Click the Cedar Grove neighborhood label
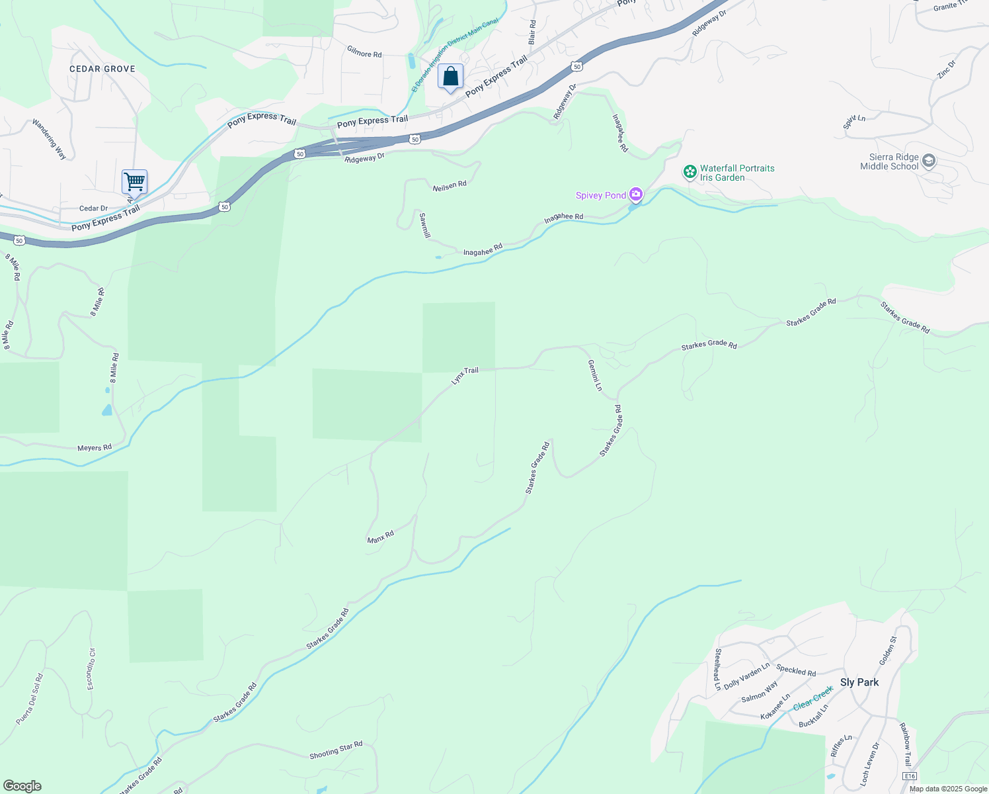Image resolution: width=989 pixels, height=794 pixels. click(x=102, y=69)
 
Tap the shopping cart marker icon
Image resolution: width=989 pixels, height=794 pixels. click(x=134, y=181)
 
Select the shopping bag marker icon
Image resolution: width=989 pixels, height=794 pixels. click(x=450, y=77)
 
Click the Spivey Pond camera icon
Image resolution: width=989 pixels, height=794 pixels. click(x=636, y=195)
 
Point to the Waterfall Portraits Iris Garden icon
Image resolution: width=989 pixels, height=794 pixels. click(x=690, y=172)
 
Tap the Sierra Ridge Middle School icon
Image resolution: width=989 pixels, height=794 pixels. click(x=929, y=161)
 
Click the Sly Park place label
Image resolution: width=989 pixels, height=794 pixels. click(x=859, y=682)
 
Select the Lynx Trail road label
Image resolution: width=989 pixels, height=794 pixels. click(x=465, y=375)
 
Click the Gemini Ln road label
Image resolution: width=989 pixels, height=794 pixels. click(x=595, y=375)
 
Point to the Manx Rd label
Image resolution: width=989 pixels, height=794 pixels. click(x=381, y=537)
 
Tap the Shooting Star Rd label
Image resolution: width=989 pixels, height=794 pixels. click(x=336, y=750)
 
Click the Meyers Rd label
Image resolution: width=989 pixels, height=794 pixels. click(x=95, y=448)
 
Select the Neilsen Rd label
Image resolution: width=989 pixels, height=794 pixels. click(x=450, y=186)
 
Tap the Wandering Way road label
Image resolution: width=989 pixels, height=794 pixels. click(x=50, y=139)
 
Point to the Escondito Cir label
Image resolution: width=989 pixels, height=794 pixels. click(x=91, y=669)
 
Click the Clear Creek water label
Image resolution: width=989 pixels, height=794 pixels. click(x=813, y=698)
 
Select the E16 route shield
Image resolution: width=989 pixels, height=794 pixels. click(x=910, y=776)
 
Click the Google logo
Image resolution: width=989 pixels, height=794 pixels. click(x=22, y=786)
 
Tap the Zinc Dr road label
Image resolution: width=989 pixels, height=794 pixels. click(x=947, y=69)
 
